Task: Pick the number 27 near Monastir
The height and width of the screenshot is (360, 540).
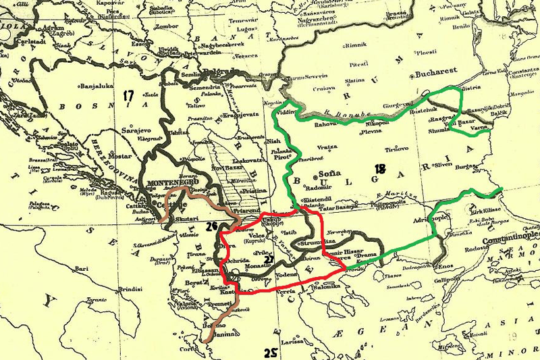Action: pos(268,259)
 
